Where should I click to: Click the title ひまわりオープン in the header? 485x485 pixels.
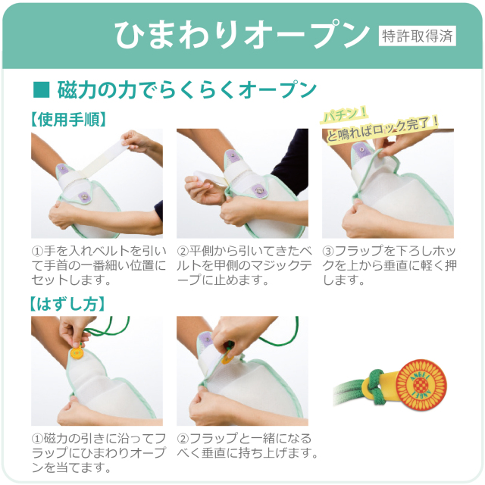242,34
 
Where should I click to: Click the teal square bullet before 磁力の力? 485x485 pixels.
42,90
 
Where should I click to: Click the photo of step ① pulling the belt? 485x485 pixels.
97,183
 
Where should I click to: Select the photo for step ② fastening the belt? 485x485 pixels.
242,183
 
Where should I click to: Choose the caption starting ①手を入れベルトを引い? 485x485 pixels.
97,264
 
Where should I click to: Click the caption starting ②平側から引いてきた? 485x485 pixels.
242,264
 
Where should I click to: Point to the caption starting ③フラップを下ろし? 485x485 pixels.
388,264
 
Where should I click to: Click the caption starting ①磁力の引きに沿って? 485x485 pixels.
97,452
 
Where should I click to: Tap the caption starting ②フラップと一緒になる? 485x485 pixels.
242,446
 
